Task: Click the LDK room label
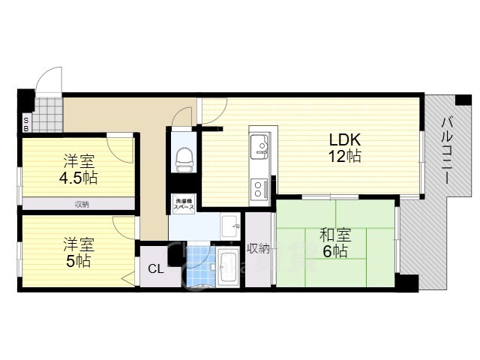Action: (x=345, y=140)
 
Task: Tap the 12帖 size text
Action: (x=345, y=157)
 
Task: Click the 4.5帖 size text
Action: (x=79, y=178)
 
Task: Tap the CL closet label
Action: (x=156, y=269)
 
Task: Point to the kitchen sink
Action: (x=259, y=143)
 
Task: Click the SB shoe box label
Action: (x=25, y=124)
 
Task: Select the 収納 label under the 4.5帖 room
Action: (x=82, y=204)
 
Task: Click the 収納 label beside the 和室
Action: (x=258, y=249)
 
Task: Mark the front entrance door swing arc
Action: (x=49, y=79)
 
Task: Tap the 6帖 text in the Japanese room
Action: (x=335, y=253)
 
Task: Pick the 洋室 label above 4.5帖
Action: (x=78, y=160)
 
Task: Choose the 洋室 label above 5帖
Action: (x=78, y=244)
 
